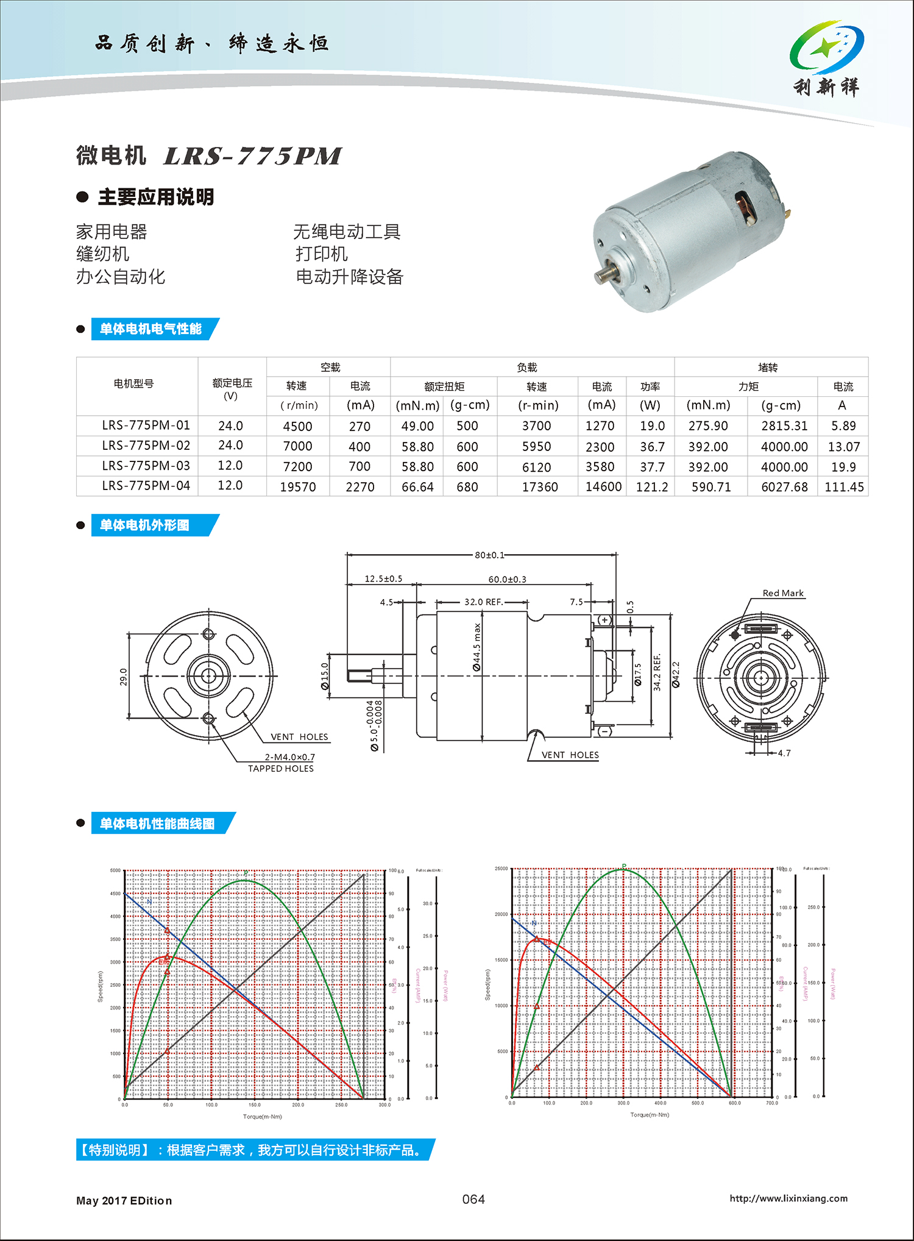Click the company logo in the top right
point(827,58)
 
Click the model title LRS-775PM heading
point(252,156)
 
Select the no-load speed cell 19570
point(298,487)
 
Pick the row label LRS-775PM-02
point(146,446)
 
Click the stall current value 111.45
point(844,487)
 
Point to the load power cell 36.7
point(652,447)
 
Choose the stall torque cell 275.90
point(708,426)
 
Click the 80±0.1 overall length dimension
point(489,555)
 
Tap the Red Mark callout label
point(783,593)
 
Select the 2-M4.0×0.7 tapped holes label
point(289,757)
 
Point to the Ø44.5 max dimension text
point(477,647)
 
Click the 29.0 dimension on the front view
point(124,677)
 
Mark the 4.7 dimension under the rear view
point(784,753)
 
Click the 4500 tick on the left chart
point(115,894)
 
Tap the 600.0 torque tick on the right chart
point(734,1103)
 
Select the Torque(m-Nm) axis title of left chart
point(263,1117)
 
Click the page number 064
point(473,1199)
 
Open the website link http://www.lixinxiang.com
point(788,1198)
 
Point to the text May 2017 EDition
point(124,1201)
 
